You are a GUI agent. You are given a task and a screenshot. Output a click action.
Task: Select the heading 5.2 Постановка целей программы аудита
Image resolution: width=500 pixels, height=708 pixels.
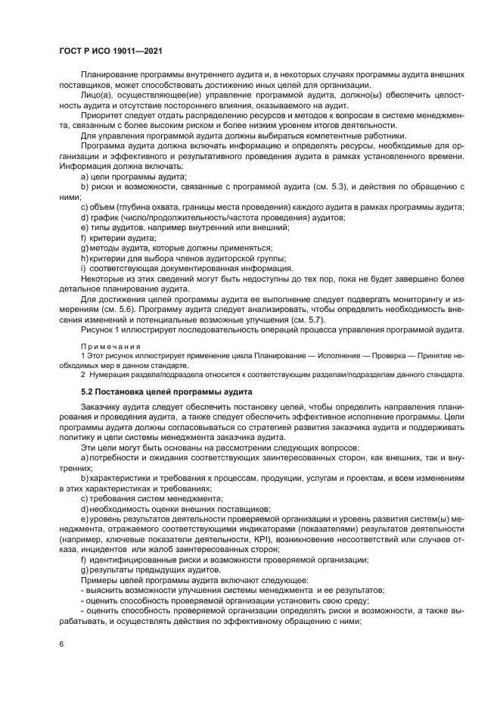point(166,391)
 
